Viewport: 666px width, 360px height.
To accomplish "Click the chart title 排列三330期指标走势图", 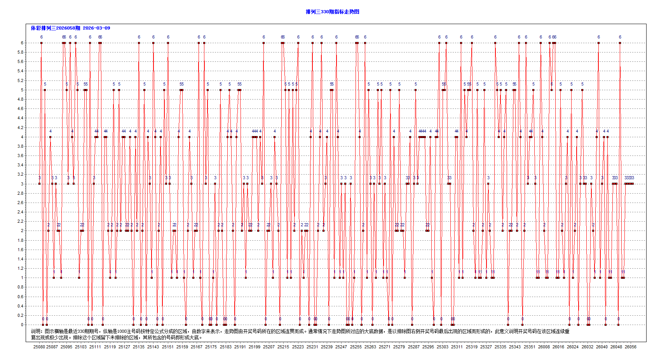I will pyautogui.click(x=332, y=12).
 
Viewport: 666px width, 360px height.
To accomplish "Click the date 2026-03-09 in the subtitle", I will pyautogui.click(x=96, y=28).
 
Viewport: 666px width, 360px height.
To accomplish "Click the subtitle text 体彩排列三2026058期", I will pyautogui.click(x=56, y=28).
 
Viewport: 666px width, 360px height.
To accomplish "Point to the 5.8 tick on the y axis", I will pyautogui.click(x=21, y=52).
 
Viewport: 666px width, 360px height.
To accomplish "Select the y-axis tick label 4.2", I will pyautogui.click(x=21, y=128).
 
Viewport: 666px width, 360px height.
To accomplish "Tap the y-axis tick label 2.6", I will pyautogui.click(x=21, y=203).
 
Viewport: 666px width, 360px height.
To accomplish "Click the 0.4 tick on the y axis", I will pyautogui.click(x=21, y=306).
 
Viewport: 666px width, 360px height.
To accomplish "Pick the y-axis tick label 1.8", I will pyautogui.click(x=21, y=240).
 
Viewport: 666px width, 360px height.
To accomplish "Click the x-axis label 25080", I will pyautogui.click(x=39, y=347).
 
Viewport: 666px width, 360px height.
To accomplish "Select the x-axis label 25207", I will pyautogui.click(x=269, y=347).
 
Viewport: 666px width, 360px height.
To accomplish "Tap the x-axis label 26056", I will pyautogui.click(x=631, y=347).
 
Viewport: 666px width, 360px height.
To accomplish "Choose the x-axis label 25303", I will pyautogui.click(x=443, y=347).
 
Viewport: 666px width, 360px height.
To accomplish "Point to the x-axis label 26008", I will pyautogui.click(x=544, y=347).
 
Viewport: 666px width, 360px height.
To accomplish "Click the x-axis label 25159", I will pyautogui.click(x=182, y=347).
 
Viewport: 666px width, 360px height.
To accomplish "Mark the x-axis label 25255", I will pyautogui.click(x=356, y=347).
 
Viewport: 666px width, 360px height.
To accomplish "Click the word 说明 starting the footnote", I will pyautogui.click(x=36, y=331).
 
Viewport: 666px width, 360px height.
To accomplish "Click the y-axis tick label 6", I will pyautogui.click(x=22, y=43).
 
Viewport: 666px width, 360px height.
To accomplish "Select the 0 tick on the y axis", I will pyautogui.click(x=22, y=325).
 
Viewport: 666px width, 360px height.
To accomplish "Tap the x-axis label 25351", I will pyautogui.click(x=529, y=347).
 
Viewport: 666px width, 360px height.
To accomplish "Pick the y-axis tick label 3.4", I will pyautogui.click(x=21, y=165).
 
